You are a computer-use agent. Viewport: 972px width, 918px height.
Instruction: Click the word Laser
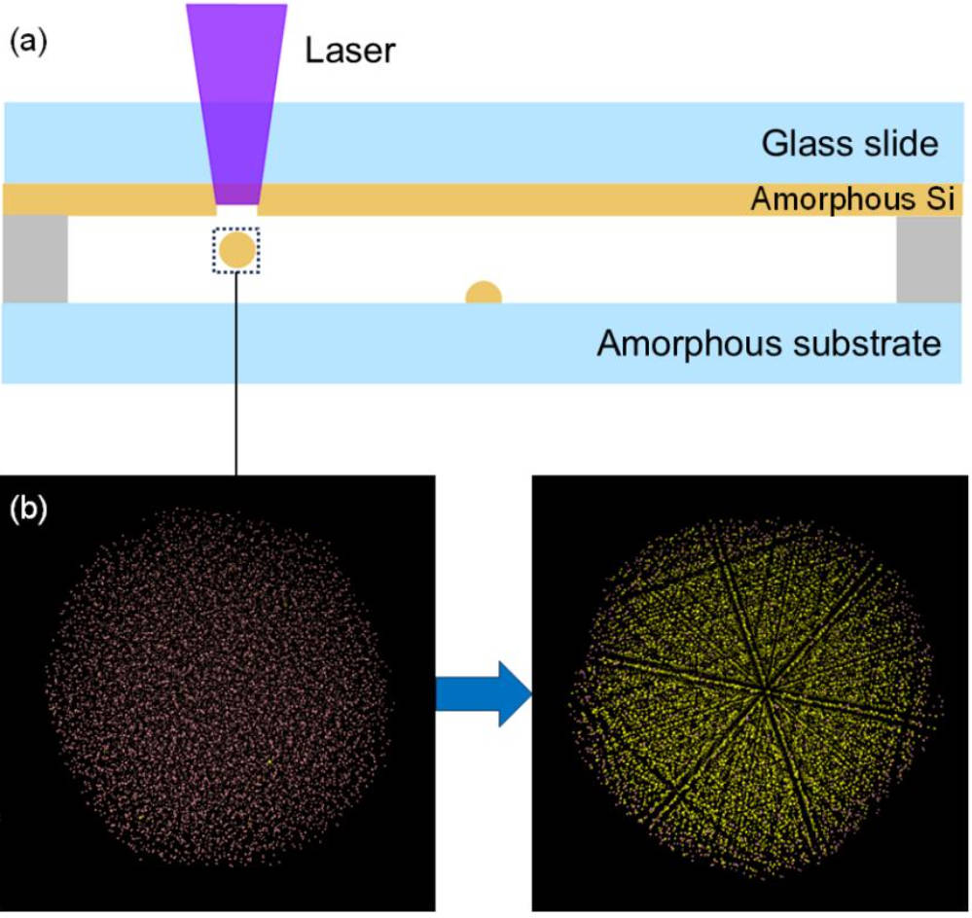pyautogui.click(x=351, y=50)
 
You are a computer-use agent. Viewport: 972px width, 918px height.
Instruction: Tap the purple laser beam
pyautogui.click(x=236, y=97)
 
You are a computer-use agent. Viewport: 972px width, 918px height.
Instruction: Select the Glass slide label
pyautogui.click(x=849, y=144)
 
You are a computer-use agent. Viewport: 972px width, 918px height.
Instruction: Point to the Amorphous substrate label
pyautogui.click(x=769, y=343)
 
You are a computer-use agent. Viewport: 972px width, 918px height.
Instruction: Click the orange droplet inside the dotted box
pyautogui.click(x=236, y=250)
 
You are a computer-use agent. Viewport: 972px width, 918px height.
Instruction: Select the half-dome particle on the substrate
pyautogui.click(x=484, y=293)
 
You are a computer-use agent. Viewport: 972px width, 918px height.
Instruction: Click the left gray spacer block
pyautogui.click(x=35, y=259)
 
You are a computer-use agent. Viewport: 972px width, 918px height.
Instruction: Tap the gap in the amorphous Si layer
pyautogui.click(x=236, y=207)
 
